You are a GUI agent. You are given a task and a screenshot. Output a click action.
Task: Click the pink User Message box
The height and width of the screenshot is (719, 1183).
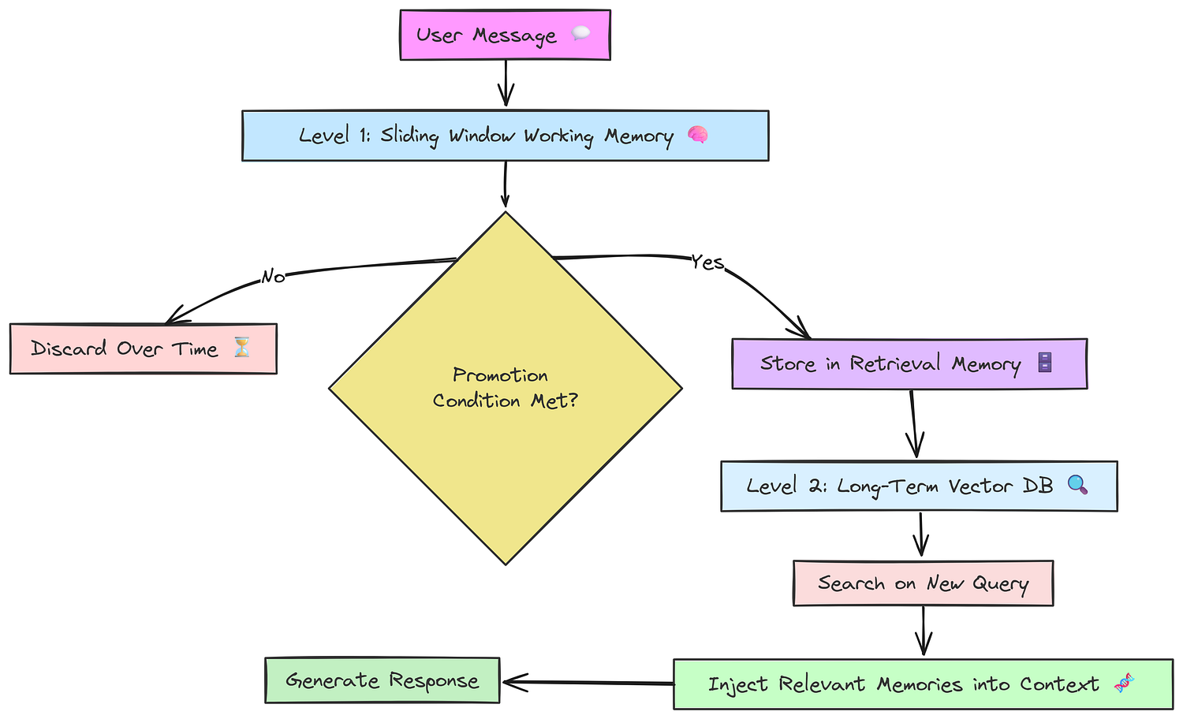pos(505,35)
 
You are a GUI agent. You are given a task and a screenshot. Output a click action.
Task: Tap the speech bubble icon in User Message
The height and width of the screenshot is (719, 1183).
pos(580,33)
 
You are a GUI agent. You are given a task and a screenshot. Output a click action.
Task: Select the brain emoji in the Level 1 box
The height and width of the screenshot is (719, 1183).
pos(697,136)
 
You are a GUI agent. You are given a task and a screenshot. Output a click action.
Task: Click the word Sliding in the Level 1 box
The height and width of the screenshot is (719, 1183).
pos(409,136)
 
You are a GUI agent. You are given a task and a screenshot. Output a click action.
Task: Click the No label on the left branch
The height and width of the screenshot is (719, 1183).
pos(273,276)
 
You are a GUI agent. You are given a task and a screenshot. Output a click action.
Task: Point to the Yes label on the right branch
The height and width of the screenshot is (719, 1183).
pos(707,262)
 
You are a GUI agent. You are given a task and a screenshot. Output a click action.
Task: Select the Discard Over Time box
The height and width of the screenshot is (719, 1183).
pos(143,348)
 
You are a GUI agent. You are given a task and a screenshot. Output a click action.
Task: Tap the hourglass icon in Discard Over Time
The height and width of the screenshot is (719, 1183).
pos(242,348)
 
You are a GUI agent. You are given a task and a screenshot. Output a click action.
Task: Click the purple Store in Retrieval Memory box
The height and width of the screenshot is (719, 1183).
pos(909,364)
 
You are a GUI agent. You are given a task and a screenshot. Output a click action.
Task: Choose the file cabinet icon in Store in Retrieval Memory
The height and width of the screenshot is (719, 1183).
pos(1045,363)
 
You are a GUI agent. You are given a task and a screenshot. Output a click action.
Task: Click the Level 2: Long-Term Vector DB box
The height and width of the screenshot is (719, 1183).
pos(919,486)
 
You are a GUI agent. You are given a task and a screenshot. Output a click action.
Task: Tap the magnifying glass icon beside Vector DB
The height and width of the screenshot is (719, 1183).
pos(1077,485)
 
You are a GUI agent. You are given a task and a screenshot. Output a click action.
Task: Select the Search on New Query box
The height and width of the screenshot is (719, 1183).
pos(923,583)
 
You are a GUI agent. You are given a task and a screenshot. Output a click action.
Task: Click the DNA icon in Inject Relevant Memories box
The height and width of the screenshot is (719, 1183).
pos(1124,684)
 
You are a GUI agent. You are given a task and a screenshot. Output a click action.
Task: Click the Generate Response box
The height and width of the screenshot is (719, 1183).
pos(383,680)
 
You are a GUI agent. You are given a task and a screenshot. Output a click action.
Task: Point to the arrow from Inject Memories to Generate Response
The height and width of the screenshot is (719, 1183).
pos(588,683)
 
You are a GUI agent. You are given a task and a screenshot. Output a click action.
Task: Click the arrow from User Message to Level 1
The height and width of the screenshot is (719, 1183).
pos(506,84)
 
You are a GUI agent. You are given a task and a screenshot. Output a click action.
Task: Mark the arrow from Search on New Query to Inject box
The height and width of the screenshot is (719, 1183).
pos(924,631)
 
